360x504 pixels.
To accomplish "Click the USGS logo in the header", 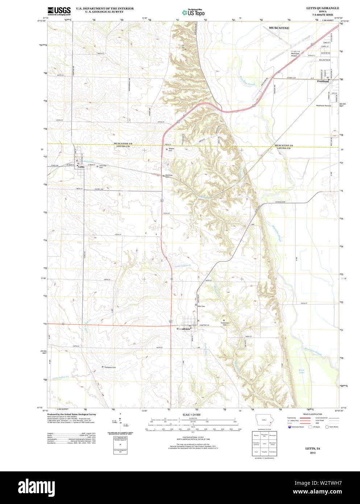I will click(59, 11).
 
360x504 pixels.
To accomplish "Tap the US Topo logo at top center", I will click(194, 12).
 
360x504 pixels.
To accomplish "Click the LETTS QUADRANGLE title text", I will click(323, 8).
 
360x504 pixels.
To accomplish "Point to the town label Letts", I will click(81, 167).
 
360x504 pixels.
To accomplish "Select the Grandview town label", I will click(183, 329).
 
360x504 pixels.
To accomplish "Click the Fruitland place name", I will click(323, 81).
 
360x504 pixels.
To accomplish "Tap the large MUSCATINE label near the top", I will click(279, 28).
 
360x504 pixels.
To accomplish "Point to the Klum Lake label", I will click(302, 371).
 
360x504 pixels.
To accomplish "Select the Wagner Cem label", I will click(171, 149).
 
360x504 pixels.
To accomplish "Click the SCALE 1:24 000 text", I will click(191, 414).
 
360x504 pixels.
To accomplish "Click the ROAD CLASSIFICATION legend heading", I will click(313, 414).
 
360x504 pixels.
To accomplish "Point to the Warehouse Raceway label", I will click(323, 106).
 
